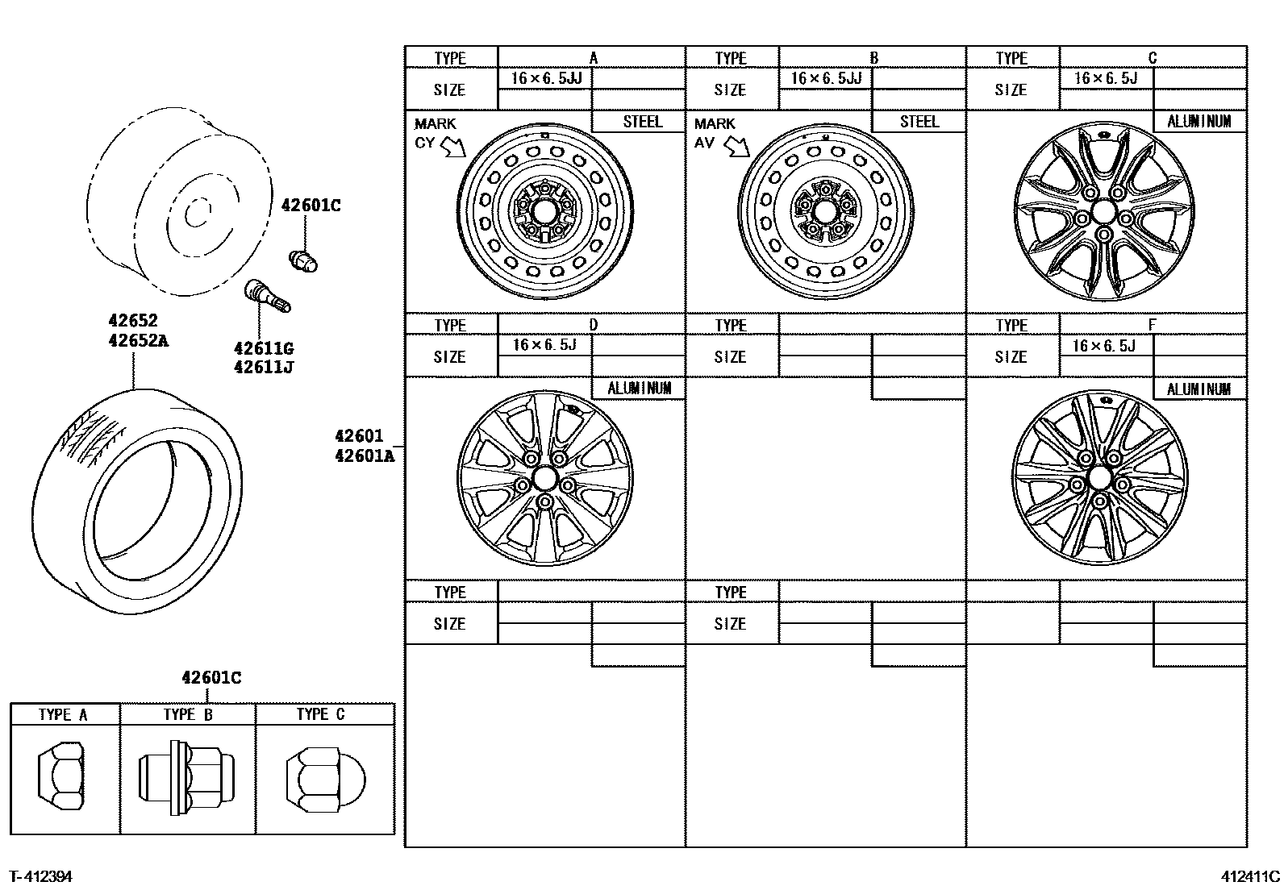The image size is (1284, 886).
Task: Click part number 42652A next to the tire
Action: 138,340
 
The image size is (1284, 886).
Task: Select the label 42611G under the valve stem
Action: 263,349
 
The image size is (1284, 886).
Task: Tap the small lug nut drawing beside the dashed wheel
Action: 303,260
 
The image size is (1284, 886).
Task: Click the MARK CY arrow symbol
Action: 453,146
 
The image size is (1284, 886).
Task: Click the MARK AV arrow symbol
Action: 736,146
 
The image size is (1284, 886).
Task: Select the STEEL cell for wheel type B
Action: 919,122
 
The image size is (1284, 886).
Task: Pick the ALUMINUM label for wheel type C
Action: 1199,122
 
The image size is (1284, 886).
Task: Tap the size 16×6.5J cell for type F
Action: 1105,346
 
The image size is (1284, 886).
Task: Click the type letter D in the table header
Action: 593,325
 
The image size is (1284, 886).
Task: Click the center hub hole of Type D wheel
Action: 544,479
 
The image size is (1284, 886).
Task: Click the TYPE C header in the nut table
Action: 320,714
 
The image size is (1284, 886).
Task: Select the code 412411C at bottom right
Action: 1249,876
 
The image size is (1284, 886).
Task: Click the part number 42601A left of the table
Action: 365,455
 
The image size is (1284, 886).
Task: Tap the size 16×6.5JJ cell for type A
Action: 546,78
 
